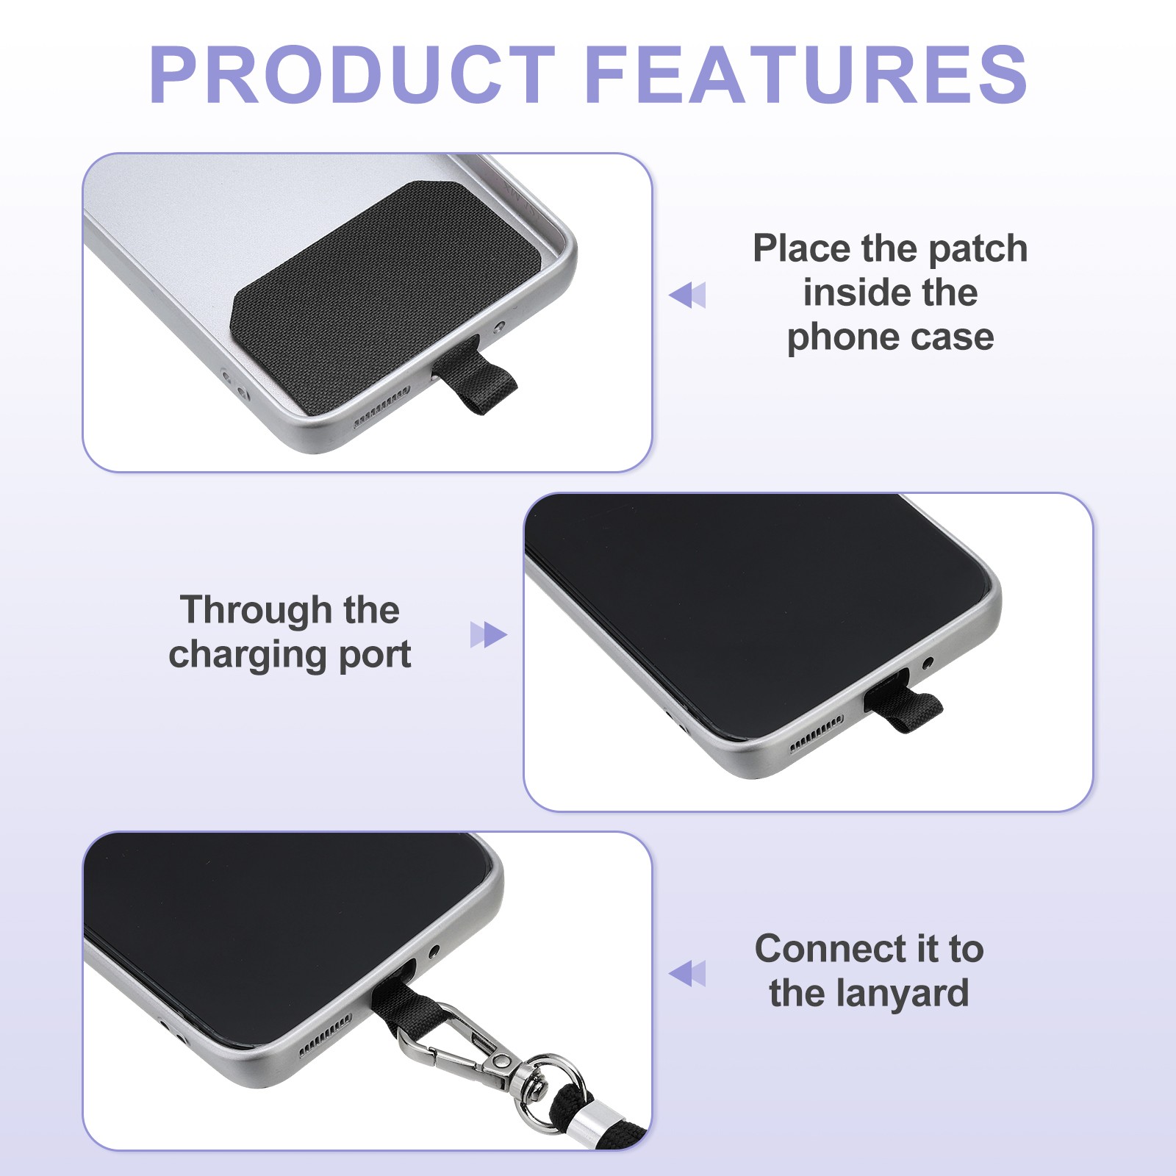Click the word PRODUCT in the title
point(351,74)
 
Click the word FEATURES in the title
point(806,74)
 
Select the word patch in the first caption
point(978,248)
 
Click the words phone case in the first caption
point(890,337)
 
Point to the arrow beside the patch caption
point(687,295)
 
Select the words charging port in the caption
point(290,654)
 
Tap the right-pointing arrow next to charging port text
point(489,634)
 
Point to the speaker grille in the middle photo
point(816,735)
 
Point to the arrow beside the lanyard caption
point(687,973)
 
